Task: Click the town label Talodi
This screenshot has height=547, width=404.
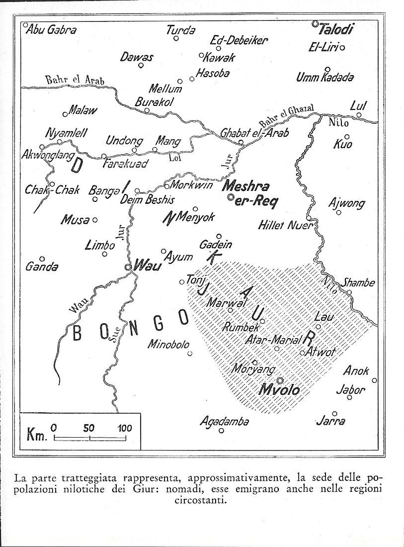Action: coord(336,30)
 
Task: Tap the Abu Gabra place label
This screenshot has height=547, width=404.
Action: coord(51,30)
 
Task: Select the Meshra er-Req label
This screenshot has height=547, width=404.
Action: coord(247,194)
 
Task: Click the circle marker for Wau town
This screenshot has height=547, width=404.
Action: coord(128,267)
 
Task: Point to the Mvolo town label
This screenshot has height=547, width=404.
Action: coord(279,390)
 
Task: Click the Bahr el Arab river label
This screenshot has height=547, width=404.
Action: coord(75,80)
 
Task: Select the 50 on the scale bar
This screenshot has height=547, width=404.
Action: coord(89,428)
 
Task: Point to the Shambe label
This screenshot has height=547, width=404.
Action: coord(357,282)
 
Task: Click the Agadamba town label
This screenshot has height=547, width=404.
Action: coord(224,422)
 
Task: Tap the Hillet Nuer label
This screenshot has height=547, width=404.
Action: coord(285,225)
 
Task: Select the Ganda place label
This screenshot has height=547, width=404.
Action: coord(42,267)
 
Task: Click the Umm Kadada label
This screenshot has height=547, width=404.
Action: coord(325,77)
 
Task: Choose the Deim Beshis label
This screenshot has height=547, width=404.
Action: coord(147,200)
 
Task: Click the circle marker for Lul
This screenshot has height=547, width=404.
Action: coord(358,115)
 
